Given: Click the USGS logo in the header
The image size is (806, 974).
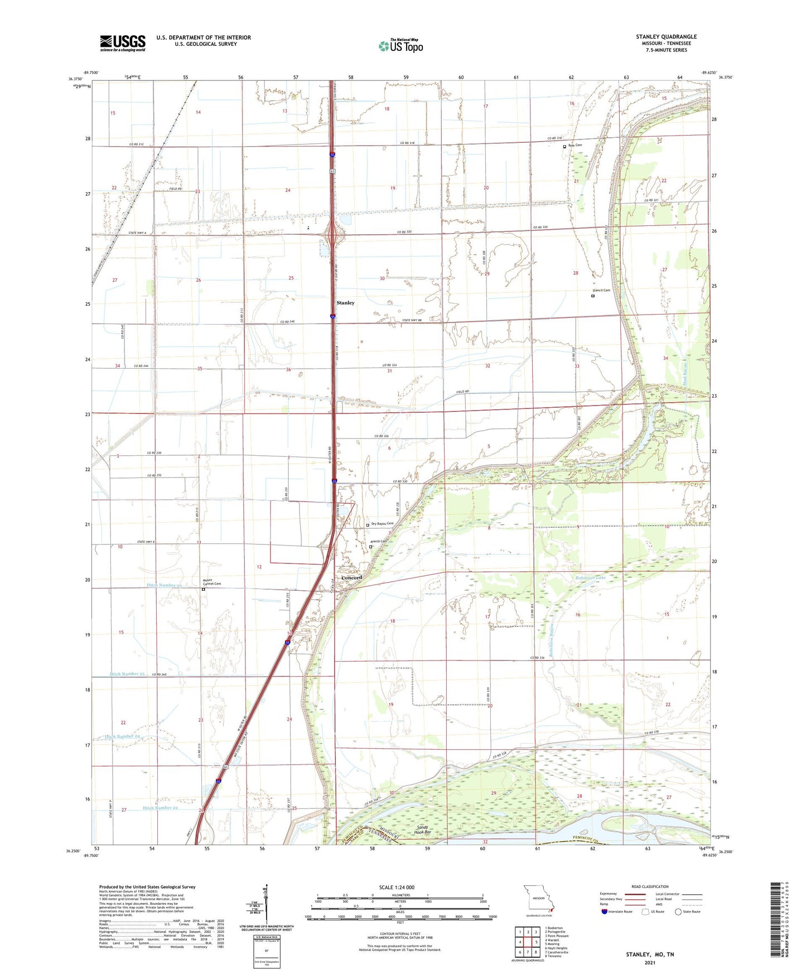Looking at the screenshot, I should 123,43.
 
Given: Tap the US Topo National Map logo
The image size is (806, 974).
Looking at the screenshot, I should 400,46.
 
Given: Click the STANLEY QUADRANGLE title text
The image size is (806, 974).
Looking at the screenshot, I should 666,37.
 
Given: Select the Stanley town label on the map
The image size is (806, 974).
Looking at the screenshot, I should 345,303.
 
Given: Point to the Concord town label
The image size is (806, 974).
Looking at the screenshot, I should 351,577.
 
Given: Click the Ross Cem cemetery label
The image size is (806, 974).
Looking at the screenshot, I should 575,145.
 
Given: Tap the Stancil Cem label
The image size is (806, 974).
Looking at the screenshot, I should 601,291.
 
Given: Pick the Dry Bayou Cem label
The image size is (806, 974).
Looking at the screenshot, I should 382,523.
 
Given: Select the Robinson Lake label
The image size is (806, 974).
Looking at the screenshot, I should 591,578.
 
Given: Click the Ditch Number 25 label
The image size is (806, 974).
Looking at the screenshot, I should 128,674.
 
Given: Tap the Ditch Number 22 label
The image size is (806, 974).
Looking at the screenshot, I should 160,808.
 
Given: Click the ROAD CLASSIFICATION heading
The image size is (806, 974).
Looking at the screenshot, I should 650,886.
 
